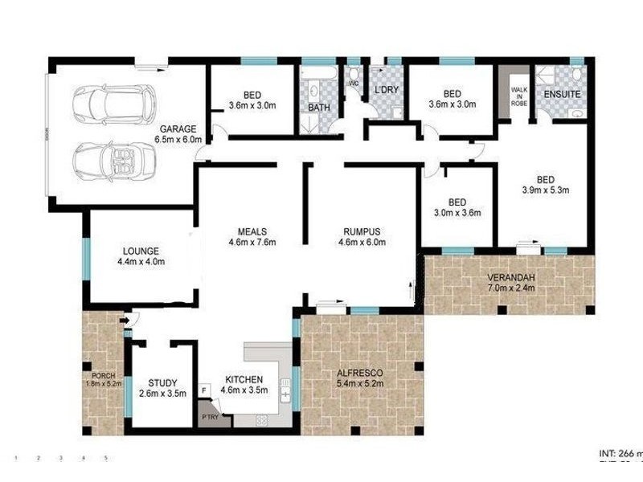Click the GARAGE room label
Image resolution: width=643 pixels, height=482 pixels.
178,129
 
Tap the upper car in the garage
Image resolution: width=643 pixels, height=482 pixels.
109,102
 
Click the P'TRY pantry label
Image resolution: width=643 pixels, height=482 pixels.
210,417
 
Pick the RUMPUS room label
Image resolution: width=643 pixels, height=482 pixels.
358,231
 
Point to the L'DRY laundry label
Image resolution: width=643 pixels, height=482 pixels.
387,89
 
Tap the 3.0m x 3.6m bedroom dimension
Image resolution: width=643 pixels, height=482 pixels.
457,213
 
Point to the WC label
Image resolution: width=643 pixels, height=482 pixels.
353,84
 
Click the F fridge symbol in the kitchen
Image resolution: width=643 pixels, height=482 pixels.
205,390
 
